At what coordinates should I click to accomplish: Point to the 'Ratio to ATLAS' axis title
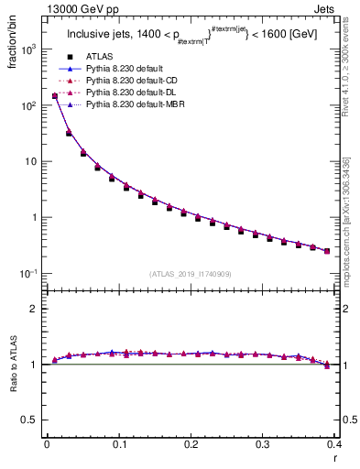13,365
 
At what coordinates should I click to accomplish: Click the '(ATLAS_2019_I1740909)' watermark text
190,273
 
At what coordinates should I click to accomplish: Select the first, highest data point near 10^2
55,95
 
